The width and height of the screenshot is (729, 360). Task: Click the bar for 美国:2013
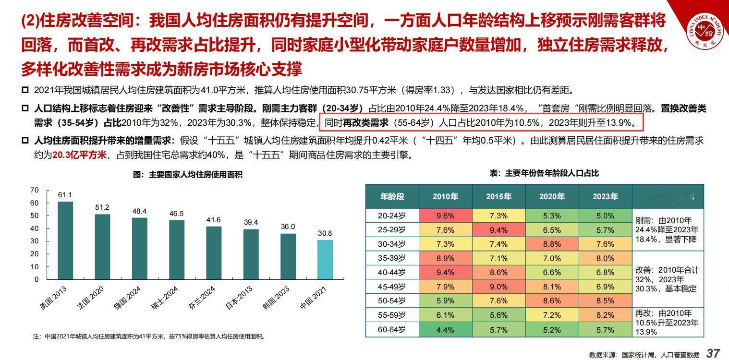[65, 240]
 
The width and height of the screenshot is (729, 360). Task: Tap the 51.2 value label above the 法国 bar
[102, 207]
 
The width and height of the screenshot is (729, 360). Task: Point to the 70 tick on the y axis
[34, 190]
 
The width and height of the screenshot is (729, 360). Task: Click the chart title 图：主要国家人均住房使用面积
[188, 175]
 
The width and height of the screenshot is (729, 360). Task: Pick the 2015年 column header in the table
[498, 197]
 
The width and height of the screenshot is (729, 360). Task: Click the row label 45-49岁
[392, 287]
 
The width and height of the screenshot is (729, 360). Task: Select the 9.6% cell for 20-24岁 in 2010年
[445, 216]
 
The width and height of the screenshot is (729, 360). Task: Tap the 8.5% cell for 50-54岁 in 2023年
[605, 301]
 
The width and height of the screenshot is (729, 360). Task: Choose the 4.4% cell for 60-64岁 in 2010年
[445, 330]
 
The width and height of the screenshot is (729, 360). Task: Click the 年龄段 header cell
[392, 197]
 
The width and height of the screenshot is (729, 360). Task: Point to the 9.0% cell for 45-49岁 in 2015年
[498, 287]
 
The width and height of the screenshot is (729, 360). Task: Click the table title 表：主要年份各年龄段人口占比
[545, 173]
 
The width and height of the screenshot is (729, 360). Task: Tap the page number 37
[713, 354]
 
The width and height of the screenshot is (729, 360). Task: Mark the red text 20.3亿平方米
[79, 156]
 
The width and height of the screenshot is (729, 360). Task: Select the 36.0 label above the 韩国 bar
[288, 227]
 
